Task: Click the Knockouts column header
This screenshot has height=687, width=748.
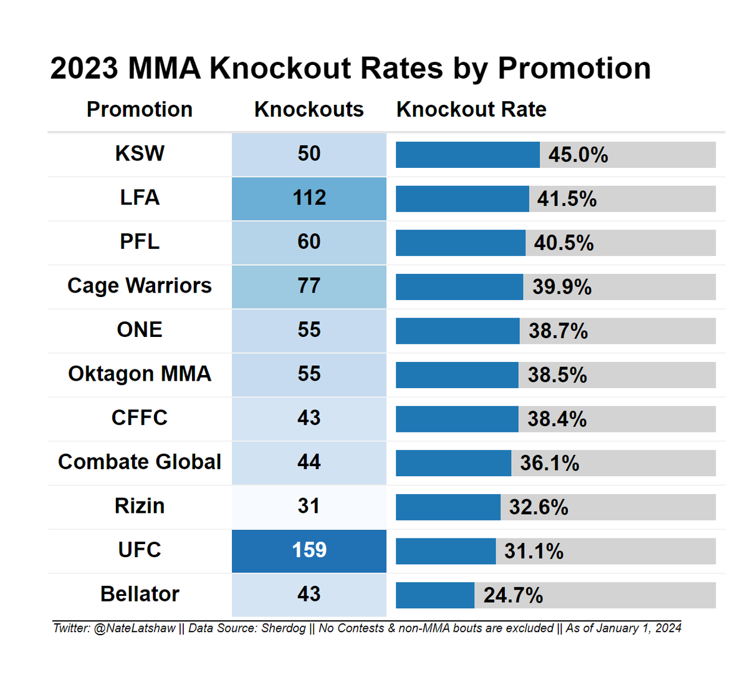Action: pyautogui.click(x=309, y=109)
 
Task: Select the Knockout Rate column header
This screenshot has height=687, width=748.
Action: pyautogui.click(x=471, y=109)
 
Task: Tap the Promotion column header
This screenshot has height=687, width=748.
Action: pyautogui.click(x=140, y=109)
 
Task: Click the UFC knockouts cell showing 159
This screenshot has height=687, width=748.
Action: pyautogui.click(x=309, y=551)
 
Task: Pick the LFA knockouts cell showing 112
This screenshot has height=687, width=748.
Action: pyautogui.click(x=309, y=198)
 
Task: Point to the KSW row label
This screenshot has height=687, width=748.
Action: pyautogui.click(x=140, y=153)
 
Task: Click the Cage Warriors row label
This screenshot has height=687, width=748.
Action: pyautogui.click(x=140, y=286)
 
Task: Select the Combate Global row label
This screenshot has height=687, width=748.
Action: pyautogui.click(x=140, y=462)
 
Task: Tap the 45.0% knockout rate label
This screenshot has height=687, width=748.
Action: pyautogui.click(x=578, y=155)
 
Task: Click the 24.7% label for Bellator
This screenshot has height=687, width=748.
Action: pyautogui.click(x=513, y=595)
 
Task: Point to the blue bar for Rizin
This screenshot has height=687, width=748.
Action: pyautogui.click(x=448, y=507)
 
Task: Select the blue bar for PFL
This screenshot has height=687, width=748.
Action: pyautogui.click(x=461, y=243)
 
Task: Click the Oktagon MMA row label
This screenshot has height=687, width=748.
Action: pyautogui.click(x=140, y=374)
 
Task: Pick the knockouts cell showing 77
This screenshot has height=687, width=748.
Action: pyautogui.click(x=309, y=286)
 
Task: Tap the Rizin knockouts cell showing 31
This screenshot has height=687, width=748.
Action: pyautogui.click(x=309, y=507)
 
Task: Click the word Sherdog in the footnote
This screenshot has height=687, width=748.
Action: pyautogui.click(x=284, y=628)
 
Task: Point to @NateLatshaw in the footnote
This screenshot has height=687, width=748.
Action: pyautogui.click(x=135, y=628)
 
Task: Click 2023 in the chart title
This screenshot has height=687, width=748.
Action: pyautogui.click(x=84, y=69)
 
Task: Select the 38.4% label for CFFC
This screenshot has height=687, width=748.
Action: pyautogui.click(x=557, y=419)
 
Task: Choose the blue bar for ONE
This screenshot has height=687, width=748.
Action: pyautogui.click(x=458, y=331)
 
